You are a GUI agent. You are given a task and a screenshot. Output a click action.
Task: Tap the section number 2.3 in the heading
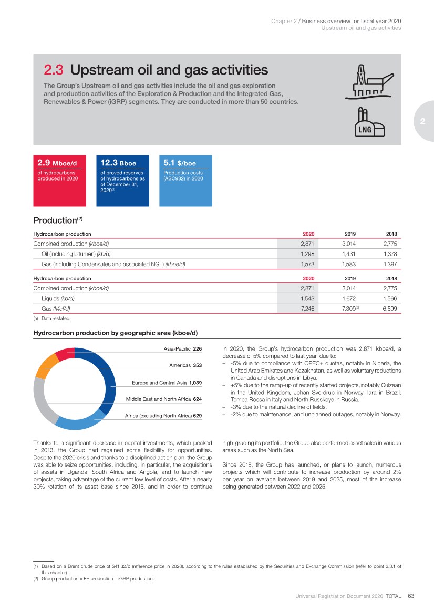pyautogui.click(x=54, y=70)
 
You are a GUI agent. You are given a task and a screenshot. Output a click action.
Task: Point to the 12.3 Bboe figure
pyautogui.click(x=118, y=163)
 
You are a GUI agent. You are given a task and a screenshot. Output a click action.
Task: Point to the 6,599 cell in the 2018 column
pyautogui.click(x=389, y=309)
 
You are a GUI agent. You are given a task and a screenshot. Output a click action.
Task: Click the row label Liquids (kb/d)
pyautogui.click(x=58, y=298)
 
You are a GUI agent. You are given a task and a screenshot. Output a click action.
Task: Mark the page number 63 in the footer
pyautogui.click(x=411, y=596)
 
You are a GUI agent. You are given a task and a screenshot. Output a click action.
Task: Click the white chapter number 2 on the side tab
pyautogui.click(x=422, y=121)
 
